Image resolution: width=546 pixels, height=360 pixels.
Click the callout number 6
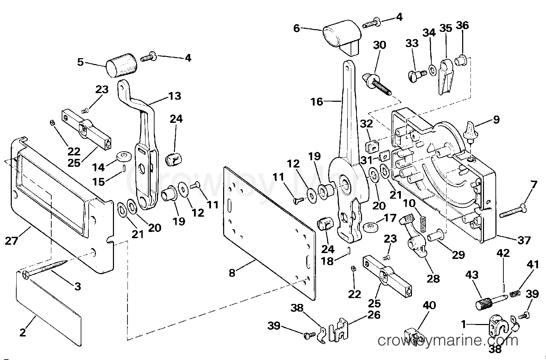297,28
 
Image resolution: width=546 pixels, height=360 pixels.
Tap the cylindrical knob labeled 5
121,65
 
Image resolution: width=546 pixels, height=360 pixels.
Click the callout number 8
232,272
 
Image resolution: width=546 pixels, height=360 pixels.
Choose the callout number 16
317,101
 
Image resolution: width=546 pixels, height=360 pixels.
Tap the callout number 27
11,241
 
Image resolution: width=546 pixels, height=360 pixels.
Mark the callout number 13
175,96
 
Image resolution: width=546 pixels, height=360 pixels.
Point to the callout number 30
379,45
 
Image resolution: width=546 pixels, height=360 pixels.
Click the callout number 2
23,332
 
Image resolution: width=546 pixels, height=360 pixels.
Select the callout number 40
429,305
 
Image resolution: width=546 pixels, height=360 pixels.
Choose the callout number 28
433,278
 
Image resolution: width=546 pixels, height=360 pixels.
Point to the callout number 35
446,28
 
